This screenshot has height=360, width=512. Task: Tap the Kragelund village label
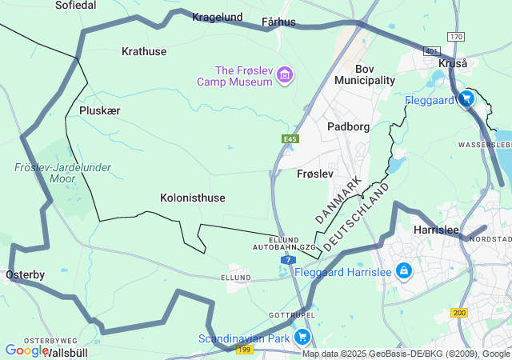(216, 16)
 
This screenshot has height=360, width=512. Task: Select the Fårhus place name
(278, 22)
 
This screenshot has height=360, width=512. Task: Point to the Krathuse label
(144, 51)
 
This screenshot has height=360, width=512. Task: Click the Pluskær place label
(99, 110)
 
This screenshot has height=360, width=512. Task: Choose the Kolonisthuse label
(192, 198)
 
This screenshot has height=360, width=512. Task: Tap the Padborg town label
(348, 126)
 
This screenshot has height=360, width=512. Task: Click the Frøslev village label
(314, 174)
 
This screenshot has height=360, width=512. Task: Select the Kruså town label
(453, 63)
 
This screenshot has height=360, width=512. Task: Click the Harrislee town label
(436, 230)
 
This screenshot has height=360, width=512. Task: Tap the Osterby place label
(25, 274)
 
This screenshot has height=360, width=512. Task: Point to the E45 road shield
(290, 139)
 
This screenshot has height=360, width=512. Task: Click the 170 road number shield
(455, 37)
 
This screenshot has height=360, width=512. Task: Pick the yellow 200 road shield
(459, 313)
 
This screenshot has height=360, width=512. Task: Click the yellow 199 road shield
(245, 350)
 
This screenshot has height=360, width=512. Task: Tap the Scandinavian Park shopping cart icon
(302, 338)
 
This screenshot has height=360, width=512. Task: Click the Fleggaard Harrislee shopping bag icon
(404, 271)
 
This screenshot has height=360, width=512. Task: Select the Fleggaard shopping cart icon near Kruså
(466, 99)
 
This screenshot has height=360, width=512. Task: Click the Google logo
(26, 350)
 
